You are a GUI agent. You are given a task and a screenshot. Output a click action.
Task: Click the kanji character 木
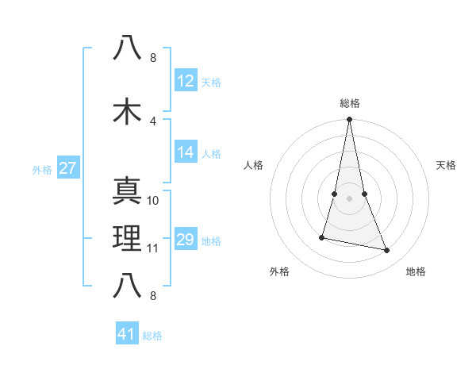point(127,112)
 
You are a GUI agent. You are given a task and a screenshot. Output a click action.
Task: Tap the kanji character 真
point(127,192)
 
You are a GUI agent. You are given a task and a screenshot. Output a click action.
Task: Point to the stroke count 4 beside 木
point(153,121)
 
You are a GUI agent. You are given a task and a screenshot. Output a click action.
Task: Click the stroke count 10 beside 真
point(153,201)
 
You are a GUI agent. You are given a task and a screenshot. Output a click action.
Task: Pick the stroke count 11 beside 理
point(153,248)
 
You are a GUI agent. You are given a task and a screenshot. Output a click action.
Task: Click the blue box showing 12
point(185,81)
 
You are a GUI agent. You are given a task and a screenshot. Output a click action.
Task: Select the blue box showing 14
point(185,153)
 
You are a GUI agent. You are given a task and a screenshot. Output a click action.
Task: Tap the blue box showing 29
point(185,240)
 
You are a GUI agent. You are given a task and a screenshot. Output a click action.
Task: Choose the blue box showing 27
point(67,169)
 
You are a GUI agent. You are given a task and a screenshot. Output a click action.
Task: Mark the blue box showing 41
point(127,334)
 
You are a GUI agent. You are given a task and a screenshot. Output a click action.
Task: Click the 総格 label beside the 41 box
point(152,336)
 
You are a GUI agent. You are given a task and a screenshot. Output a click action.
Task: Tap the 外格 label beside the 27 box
point(42,170)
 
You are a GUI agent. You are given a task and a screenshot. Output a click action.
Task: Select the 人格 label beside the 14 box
point(211,154)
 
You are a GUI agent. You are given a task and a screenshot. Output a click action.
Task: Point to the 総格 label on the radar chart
point(349,103)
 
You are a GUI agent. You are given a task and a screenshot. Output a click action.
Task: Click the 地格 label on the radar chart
point(416,271)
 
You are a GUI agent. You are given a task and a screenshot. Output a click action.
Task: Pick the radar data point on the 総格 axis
point(349,120)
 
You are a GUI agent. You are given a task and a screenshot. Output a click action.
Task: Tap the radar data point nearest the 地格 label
point(387,251)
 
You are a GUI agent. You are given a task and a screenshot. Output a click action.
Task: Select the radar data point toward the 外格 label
point(322,237)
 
